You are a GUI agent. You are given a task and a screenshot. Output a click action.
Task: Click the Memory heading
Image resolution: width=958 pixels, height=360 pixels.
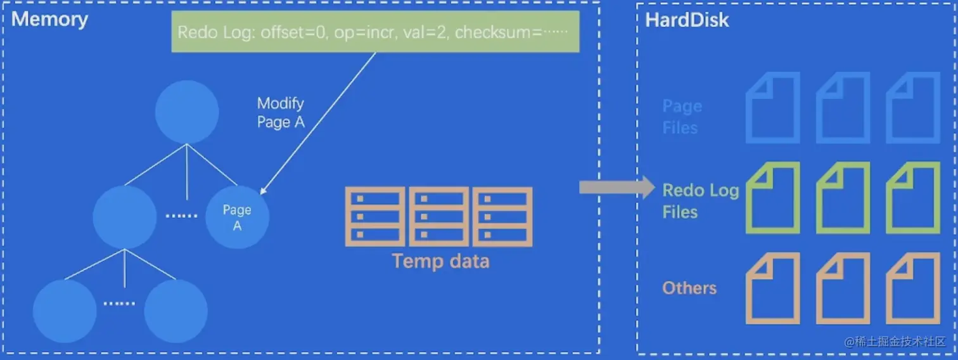point(49,19)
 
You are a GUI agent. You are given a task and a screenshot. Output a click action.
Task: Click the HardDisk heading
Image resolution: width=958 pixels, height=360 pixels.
point(687,20)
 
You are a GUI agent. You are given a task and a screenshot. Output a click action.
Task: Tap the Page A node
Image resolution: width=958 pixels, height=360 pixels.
point(238,217)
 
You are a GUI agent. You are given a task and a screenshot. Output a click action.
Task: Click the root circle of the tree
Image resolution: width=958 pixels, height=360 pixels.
point(187,112)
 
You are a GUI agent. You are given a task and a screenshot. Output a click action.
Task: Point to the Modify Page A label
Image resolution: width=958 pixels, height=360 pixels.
point(281,112)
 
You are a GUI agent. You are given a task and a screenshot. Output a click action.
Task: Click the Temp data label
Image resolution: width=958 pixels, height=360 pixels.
point(440,260)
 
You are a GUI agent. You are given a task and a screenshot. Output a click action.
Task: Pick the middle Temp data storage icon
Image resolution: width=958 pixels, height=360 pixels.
point(439,217)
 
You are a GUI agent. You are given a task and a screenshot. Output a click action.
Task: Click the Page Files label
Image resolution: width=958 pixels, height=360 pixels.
point(681,117)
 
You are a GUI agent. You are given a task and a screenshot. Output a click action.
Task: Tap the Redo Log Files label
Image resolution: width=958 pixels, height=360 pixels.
point(700,201)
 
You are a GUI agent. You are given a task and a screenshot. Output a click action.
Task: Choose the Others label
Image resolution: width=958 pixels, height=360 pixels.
point(689,288)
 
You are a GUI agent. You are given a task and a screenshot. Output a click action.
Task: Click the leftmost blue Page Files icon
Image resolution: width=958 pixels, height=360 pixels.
point(773,107)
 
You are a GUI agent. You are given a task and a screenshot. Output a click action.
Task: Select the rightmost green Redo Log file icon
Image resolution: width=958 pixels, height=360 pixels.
point(912,197)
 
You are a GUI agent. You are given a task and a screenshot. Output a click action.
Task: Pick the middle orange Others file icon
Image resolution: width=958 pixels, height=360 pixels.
point(843,288)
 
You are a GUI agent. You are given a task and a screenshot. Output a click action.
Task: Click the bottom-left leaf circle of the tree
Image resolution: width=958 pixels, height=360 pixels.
point(65,311)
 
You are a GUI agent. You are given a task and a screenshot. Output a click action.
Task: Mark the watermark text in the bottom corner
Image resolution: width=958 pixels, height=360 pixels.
point(895,341)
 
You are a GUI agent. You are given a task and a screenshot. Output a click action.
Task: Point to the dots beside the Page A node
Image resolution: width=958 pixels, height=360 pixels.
point(181,215)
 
